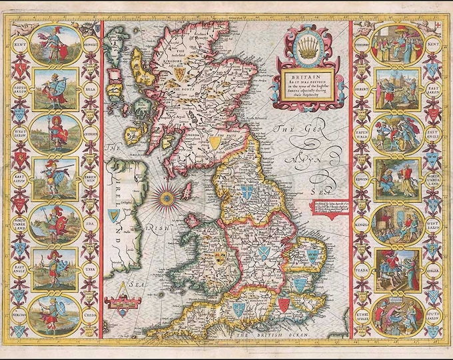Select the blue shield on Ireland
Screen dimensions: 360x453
click(115, 215)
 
